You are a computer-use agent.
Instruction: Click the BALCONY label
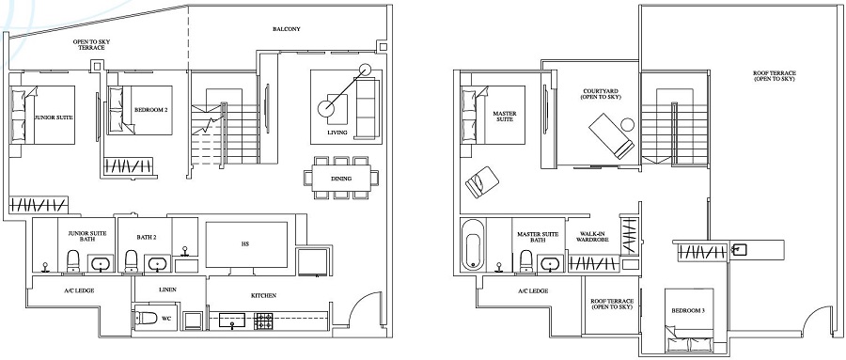pos(287,30)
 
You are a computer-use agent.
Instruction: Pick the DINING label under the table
pos(341,179)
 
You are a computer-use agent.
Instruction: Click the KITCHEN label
pos(263,296)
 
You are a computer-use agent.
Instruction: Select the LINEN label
pos(168,290)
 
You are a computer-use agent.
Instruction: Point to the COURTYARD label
pos(593,94)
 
